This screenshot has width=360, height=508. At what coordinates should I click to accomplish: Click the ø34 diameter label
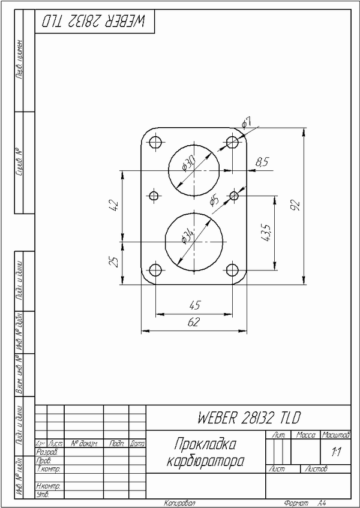point(188,236)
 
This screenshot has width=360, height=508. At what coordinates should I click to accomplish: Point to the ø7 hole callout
point(246,123)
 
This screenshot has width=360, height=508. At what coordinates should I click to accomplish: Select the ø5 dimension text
point(214,201)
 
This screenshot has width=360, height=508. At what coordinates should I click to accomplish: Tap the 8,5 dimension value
point(262,161)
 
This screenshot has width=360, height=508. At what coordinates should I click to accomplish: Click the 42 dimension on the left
point(114,206)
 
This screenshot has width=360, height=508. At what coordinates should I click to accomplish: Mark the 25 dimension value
point(114,261)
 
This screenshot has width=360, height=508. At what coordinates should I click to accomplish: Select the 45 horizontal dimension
point(194,305)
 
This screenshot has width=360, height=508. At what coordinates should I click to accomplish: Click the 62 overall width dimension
point(193,323)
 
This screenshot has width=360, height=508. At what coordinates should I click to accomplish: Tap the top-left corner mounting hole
point(155,143)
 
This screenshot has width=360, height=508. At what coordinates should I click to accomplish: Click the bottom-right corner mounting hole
point(233,270)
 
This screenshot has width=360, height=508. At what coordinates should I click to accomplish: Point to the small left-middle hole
point(154,196)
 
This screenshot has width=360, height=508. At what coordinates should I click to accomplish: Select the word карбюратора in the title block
point(204,462)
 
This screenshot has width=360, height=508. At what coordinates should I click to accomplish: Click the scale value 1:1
point(336,452)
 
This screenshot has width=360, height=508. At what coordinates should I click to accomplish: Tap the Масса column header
point(306,434)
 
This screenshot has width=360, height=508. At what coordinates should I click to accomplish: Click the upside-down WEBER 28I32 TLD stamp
point(94,21)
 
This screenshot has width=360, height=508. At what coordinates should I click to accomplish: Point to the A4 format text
point(322,503)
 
